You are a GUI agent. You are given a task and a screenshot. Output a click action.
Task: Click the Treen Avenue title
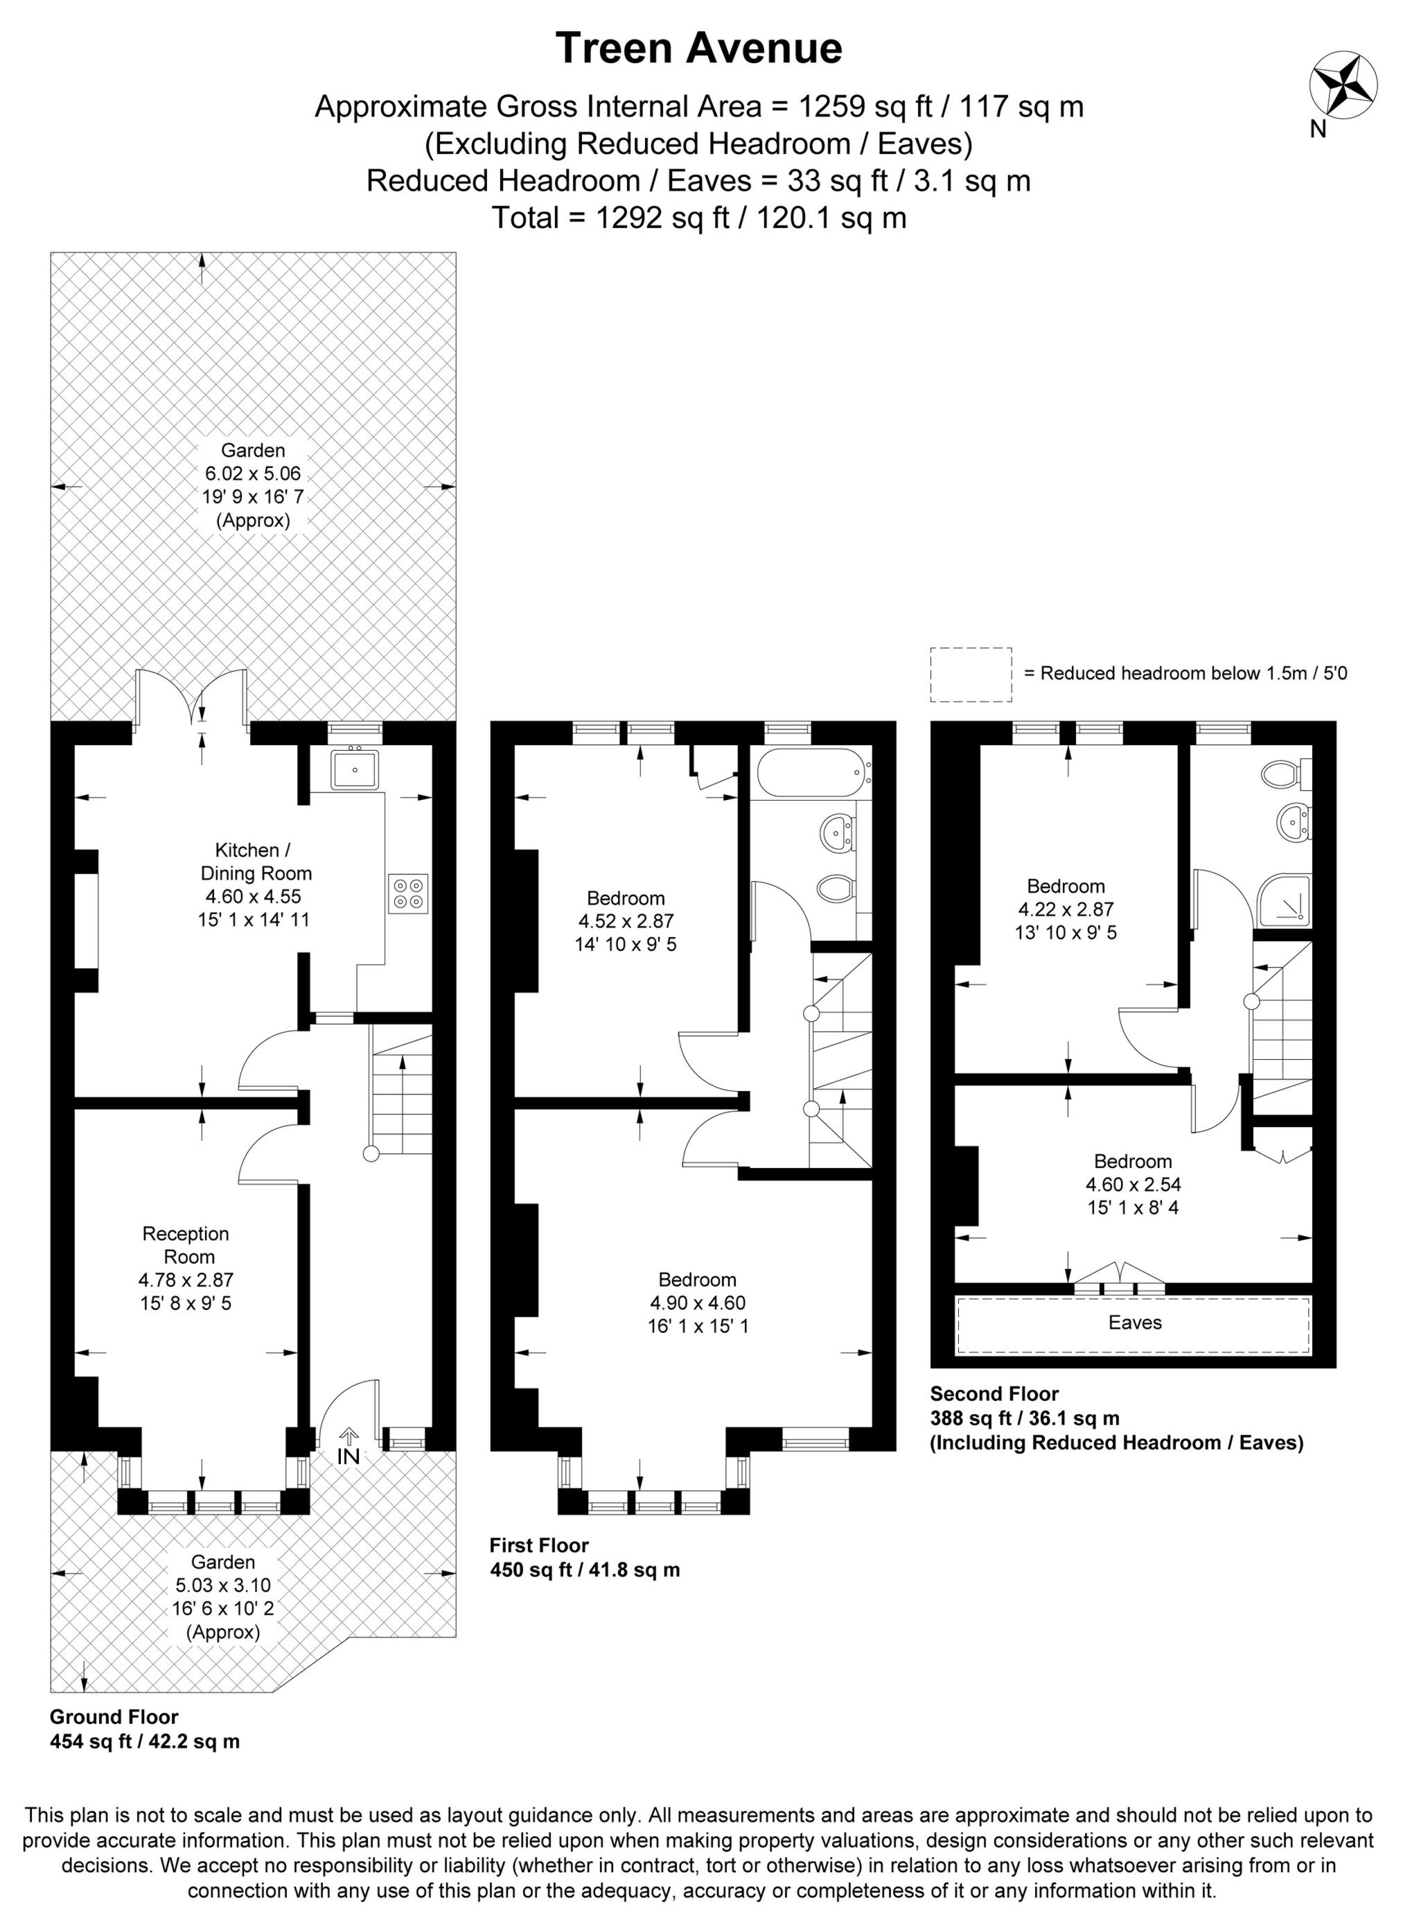point(698,49)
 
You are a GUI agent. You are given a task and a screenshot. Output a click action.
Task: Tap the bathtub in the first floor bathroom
point(812,772)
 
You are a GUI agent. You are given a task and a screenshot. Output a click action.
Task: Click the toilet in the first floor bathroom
point(835,889)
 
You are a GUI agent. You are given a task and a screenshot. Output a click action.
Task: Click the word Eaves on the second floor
point(1135,1323)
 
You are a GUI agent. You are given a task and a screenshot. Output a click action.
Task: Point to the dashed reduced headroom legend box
point(971,674)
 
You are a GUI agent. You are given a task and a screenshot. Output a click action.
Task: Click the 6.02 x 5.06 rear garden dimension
point(253,473)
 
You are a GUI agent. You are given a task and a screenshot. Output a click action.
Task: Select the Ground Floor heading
point(114,1717)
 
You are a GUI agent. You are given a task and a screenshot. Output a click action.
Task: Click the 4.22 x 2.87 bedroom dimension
point(1066,909)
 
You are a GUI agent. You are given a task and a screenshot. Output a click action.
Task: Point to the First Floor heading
point(538,1545)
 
